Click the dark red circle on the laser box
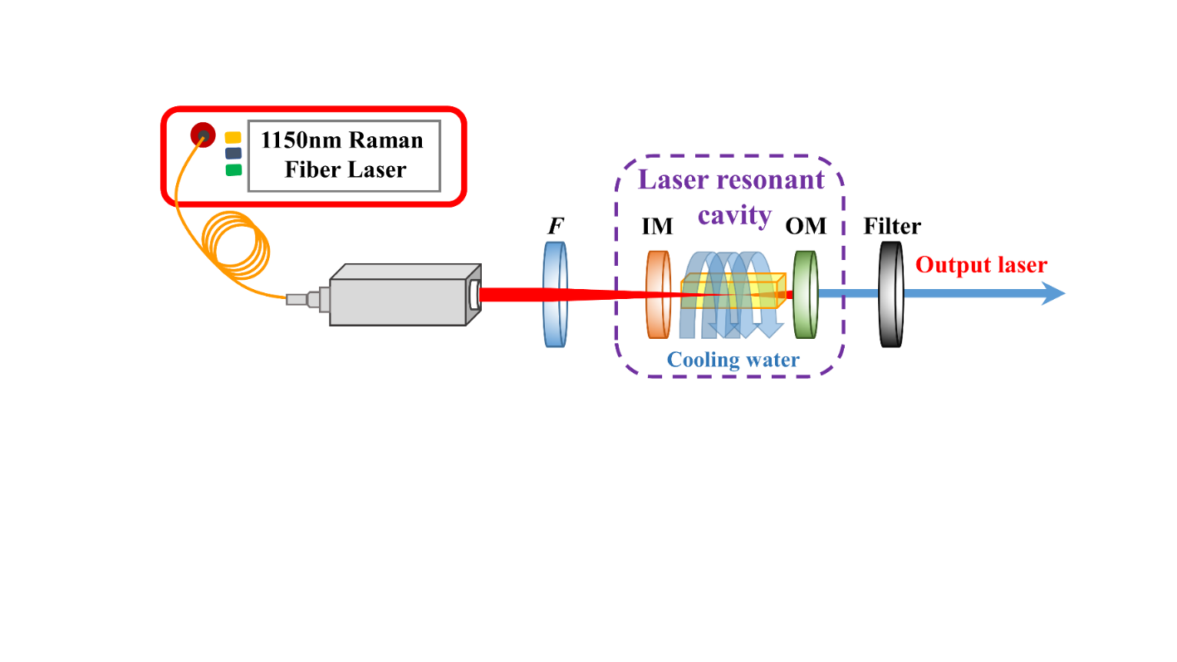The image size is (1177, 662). (x=203, y=135)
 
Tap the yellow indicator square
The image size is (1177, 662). (x=233, y=137)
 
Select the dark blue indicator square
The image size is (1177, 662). (x=233, y=153)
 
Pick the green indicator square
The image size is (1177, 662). (x=233, y=169)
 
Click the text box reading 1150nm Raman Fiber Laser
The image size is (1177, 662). (x=344, y=154)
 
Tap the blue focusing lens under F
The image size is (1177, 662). (x=555, y=294)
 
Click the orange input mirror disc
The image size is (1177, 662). (x=658, y=295)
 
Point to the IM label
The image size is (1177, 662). (x=657, y=226)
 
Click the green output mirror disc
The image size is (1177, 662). (x=804, y=295)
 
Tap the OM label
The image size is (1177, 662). (x=805, y=226)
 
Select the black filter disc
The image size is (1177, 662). (x=890, y=294)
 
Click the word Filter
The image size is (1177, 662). (x=891, y=226)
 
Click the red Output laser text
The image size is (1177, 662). (x=981, y=266)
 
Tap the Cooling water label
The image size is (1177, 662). (x=733, y=360)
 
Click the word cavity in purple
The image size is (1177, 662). (x=734, y=215)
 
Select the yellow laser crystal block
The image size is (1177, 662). (x=731, y=292)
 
